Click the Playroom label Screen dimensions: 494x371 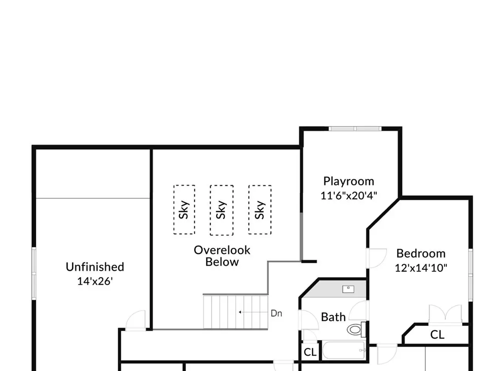point(349,182)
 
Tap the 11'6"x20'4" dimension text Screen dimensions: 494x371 point(349,196)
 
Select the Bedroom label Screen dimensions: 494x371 point(421,254)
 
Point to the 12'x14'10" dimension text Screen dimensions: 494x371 point(421,268)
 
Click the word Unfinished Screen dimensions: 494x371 point(95,267)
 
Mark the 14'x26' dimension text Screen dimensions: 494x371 point(95,281)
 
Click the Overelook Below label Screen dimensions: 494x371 point(222,256)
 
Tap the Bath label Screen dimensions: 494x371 point(333,317)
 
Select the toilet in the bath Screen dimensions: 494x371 point(357,329)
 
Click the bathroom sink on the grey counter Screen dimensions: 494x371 point(348,289)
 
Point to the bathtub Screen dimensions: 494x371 point(343,351)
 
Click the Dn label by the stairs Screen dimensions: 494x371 point(276,313)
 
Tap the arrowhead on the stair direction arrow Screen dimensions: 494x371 point(240,312)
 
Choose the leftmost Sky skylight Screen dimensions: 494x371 point(184,210)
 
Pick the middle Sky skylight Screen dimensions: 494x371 point(222,210)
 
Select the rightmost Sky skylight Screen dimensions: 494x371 point(260,210)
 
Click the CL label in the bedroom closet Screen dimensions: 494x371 point(437,335)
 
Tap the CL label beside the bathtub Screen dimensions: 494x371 point(310,352)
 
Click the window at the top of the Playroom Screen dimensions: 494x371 point(355,129)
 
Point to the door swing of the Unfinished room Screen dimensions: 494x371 point(135,320)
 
